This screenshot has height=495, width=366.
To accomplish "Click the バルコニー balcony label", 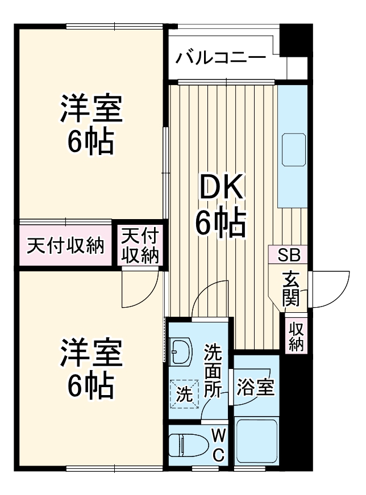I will click(221, 58).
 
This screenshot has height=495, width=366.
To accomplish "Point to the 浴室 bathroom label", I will click(256, 388).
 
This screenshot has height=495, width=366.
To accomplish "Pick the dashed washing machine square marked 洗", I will click(184, 394).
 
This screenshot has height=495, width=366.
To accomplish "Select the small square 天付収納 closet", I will click(140, 245).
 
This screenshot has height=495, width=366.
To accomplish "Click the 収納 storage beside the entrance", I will click(296, 336).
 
